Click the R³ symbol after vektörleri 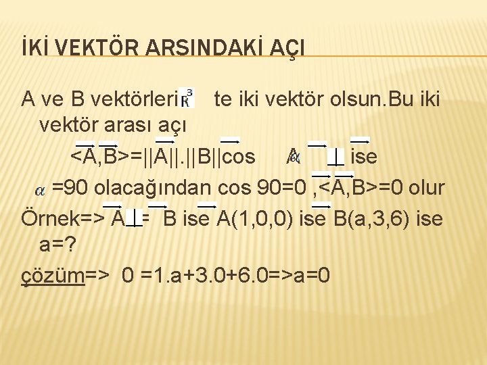pos(187,99)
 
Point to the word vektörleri pos(132,100)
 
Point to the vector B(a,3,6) pos(380,218)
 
